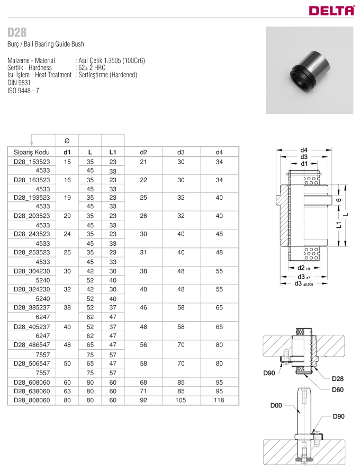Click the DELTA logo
coord(331,11)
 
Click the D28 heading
coord(17,32)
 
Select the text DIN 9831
coord(19,83)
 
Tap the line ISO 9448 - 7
coord(23,91)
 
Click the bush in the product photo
coord(309,71)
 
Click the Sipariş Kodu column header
coord(31,152)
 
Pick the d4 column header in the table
coord(219,152)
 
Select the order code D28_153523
coord(32,162)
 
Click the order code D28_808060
coord(32,400)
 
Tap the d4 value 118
coord(219,400)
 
